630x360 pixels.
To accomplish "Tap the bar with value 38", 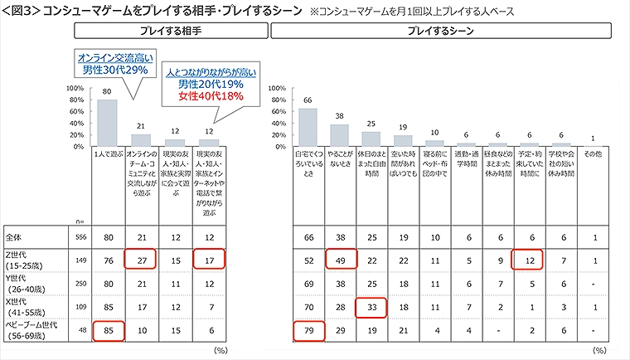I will tap(340, 135).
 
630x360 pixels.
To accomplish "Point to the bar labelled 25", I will tap(371, 139).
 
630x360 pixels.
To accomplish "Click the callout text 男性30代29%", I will tap(114, 71).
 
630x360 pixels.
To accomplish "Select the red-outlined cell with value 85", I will tap(108, 332).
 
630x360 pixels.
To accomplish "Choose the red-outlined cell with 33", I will tap(371, 309).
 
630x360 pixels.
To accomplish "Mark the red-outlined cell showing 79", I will tap(307, 332).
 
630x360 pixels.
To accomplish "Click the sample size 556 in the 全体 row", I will tap(80, 238).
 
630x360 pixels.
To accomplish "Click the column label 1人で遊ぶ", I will tap(108, 154).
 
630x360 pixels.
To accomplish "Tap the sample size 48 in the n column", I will tap(80, 332).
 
